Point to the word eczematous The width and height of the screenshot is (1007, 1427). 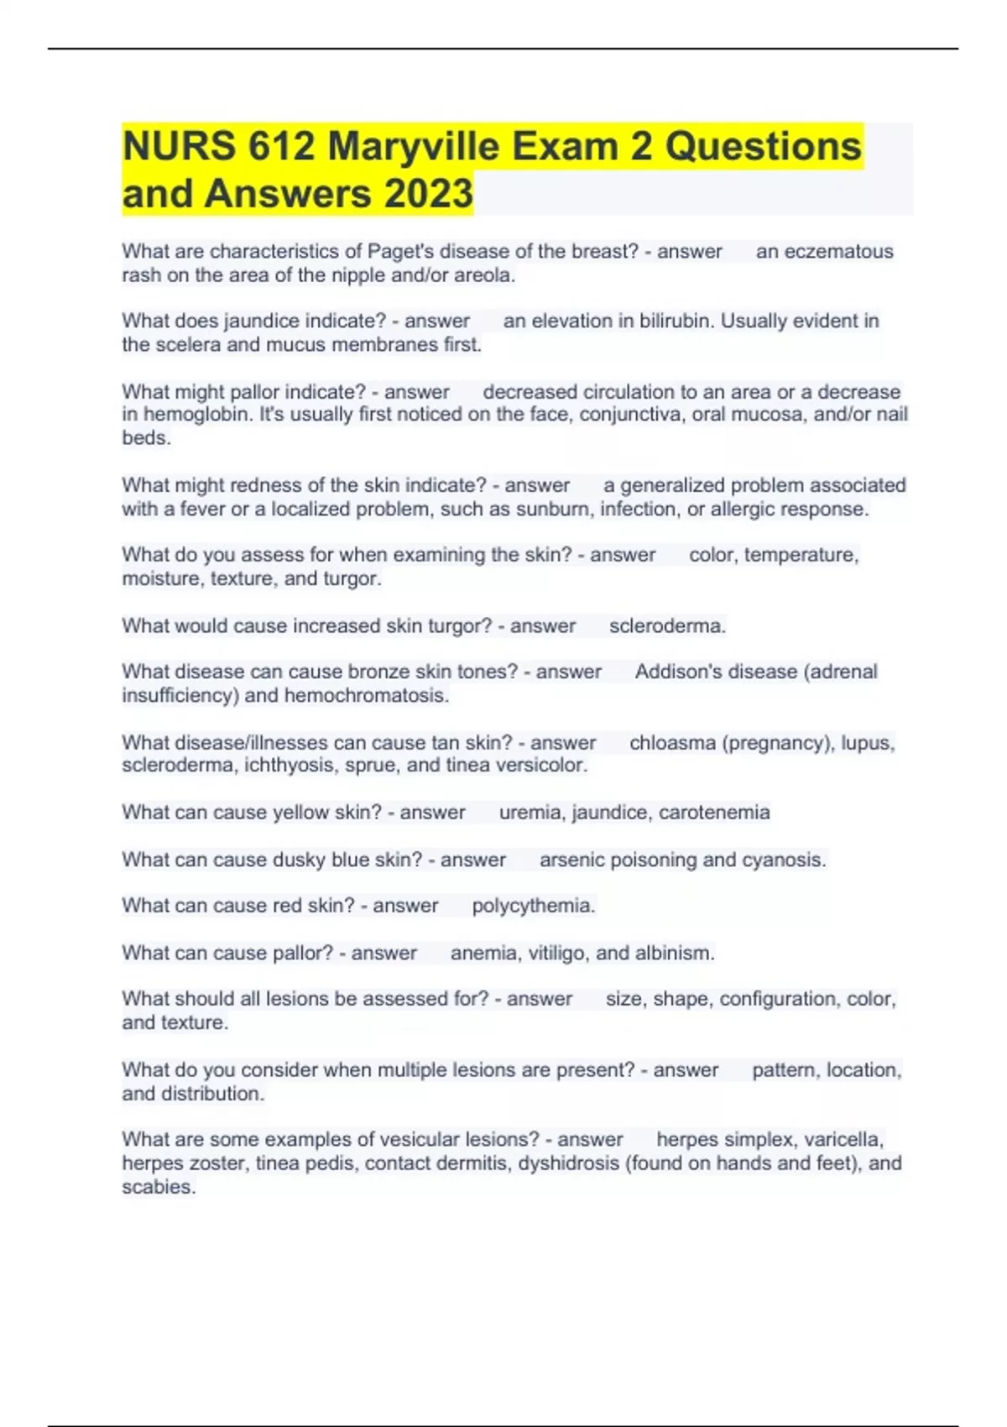click(824, 252)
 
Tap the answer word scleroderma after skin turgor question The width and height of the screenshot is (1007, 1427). click(666, 626)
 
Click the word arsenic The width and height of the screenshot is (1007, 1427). click(572, 860)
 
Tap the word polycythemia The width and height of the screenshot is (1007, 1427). click(533, 907)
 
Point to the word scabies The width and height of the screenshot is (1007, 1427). click(158, 1187)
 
